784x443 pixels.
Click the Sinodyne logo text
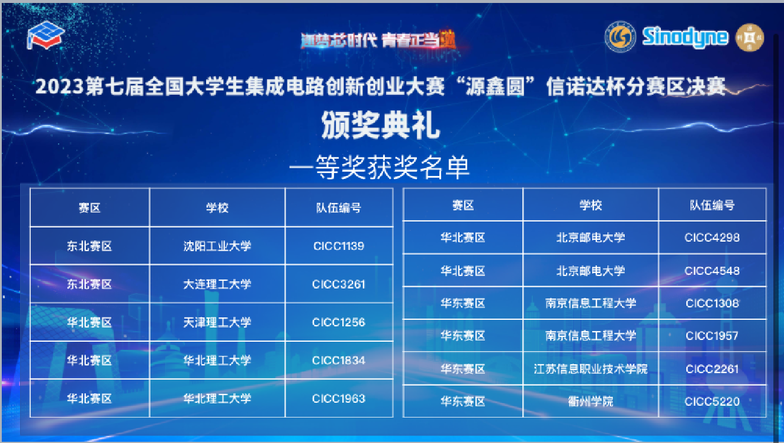point(685,37)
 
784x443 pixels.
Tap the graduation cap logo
point(46,36)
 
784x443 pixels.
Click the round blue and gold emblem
point(620,37)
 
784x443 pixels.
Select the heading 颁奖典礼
point(380,125)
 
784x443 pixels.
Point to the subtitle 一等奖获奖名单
point(379,168)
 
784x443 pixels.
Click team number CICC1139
point(339,246)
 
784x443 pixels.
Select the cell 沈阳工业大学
point(217,246)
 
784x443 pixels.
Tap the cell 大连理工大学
point(217,284)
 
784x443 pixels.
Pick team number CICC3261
point(339,284)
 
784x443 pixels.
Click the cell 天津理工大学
point(217,322)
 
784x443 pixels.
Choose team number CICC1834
point(339,360)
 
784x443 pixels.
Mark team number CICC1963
point(339,399)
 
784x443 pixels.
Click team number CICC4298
point(712,237)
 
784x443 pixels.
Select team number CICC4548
point(712,271)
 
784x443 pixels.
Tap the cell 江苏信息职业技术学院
point(591,369)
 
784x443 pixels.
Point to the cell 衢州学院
point(591,402)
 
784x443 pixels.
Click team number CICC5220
point(712,402)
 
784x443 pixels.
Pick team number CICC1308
point(712,303)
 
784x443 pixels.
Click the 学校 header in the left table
point(217,208)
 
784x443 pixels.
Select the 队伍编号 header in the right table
point(712,206)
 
